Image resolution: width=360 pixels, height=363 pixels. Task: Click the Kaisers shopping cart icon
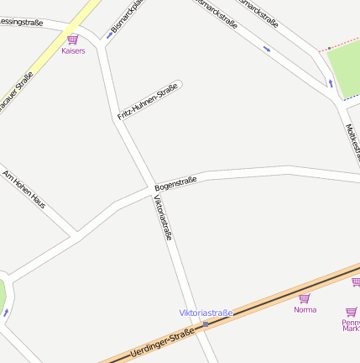click(73, 39)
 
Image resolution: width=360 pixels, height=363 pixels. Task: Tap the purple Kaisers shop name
click(73, 50)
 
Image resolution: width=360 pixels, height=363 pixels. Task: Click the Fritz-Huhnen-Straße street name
click(148, 100)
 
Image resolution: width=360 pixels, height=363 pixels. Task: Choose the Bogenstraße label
click(175, 182)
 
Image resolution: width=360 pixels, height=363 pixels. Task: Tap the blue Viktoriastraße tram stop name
click(206, 313)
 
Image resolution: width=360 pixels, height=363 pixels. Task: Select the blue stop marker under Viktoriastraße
click(206, 324)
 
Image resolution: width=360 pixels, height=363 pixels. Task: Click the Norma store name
click(305, 309)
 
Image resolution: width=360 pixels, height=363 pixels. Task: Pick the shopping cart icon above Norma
click(305, 297)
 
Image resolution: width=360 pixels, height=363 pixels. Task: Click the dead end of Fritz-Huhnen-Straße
click(179, 83)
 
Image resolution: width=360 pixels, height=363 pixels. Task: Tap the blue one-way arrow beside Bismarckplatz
click(110, 35)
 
